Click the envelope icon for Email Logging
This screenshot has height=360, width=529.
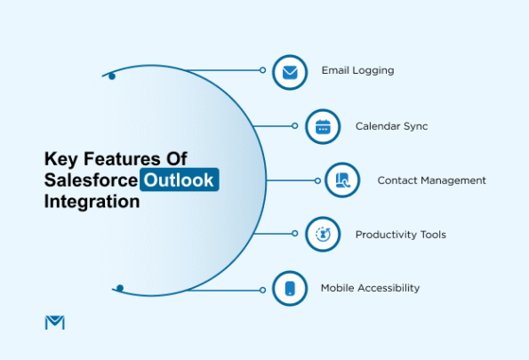[x=289, y=71]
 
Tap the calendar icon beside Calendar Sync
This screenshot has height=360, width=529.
[x=322, y=127]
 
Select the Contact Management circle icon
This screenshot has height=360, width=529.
[x=341, y=180]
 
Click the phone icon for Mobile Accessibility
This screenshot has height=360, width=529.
[x=289, y=289]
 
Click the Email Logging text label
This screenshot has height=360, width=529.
[x=357, y=70]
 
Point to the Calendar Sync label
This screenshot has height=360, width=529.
[x=391, y=126]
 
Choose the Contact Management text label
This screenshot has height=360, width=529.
[x=431, y=180]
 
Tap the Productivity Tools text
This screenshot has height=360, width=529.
[x=400, y=235]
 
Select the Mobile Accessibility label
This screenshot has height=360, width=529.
[x=370, y=288]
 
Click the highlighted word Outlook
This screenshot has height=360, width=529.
[x=179, y=180]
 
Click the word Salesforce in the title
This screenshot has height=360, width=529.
[x=91, y=180]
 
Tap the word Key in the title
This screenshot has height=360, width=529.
[x=60, y=158]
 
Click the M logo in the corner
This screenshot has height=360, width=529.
[x=54, y=322]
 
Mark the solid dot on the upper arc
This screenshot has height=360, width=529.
[x=111, y=76]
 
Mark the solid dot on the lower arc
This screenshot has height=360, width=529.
[x=120, y=288]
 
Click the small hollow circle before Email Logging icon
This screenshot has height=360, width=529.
[x=262, y=69]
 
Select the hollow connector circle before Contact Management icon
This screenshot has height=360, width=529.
[x=317, y=180]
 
